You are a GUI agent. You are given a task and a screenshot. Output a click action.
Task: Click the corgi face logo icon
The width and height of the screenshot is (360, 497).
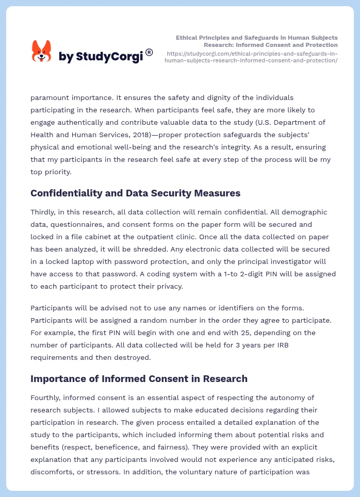(42, 52)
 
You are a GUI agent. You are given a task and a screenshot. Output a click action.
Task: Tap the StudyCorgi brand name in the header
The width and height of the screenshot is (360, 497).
(101, 57)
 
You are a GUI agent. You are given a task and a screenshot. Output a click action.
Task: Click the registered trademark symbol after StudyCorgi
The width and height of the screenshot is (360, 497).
(149, 52)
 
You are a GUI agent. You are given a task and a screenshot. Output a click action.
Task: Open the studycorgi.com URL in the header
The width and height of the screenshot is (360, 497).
(251, 57)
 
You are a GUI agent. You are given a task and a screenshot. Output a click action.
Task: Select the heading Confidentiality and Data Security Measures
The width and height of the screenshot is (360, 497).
(135, 193)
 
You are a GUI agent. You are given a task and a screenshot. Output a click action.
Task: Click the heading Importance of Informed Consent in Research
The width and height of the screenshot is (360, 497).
(139, 378)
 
